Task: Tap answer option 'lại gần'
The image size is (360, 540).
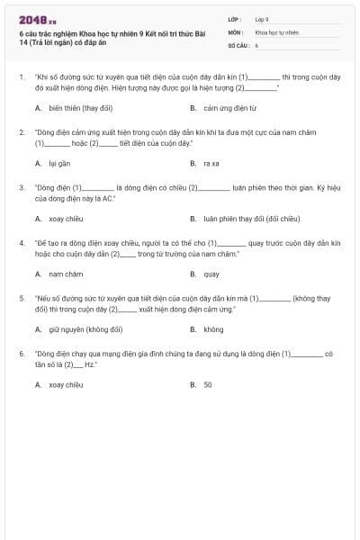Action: [59, 163]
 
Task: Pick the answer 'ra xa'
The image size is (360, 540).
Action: [211, 163]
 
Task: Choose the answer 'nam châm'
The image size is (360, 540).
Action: [66, 274]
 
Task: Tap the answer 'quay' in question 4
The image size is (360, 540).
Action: [211, 274]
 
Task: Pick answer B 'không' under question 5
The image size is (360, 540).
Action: [213, 329]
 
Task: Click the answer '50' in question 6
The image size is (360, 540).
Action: [208, 385]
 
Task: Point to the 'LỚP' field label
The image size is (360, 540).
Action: [235, 18]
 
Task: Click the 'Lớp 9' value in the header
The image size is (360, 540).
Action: [262, 18]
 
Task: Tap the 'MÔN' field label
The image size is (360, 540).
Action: [235, 31]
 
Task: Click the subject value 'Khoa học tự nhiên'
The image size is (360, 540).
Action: [276, 31]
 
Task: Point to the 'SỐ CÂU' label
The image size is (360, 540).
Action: [238, 43]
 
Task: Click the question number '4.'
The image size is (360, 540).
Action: [22, 243]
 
